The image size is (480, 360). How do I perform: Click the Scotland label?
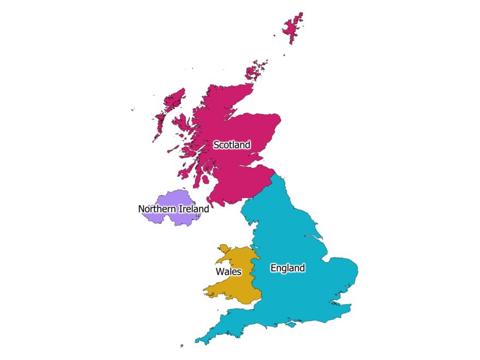(x=232, y=145)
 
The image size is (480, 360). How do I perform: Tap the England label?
(x=287, y=268)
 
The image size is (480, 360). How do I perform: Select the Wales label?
(x=229, y=272)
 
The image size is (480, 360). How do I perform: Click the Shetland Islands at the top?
(x=293, y=28)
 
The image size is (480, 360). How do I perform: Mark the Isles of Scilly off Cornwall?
(x=182, y=345)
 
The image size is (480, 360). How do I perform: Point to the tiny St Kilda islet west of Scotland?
(x=133, y=110)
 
